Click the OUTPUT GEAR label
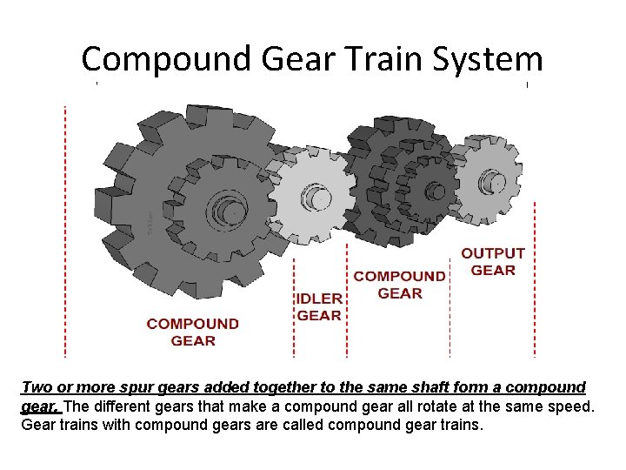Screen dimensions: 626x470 pyautogui.click(x=493, y=261)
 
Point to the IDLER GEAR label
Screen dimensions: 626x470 pyautogui.click(x=319, y=306)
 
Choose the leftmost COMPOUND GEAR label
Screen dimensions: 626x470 pyautogui.click(x=192, y=332)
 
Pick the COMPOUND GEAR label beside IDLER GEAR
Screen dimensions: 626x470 pyautogui.click(x=400, y=285)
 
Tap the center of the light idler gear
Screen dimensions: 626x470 pyautogui.click(x=318, y=198)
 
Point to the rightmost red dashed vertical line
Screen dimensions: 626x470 pyautogui.click(x=534, y=279)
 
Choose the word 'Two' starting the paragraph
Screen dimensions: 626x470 pyautogui.click(x=36, y=387)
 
